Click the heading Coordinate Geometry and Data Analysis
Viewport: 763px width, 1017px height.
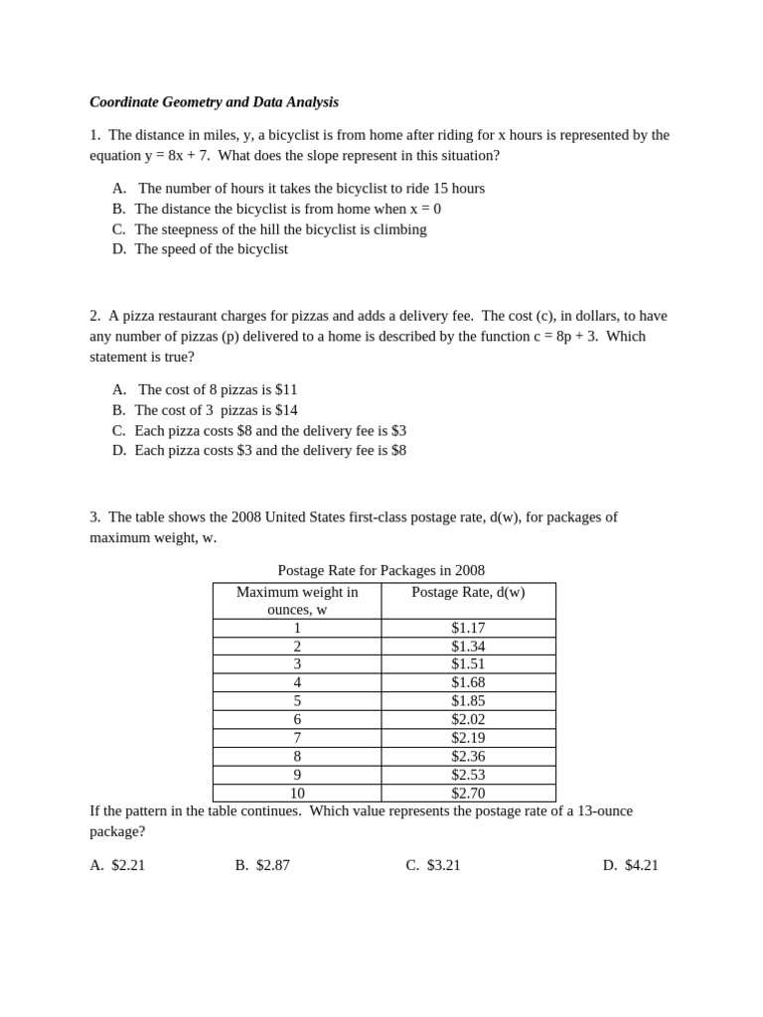click(x=214, y=102)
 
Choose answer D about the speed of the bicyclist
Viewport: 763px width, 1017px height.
click(x=211, y=249)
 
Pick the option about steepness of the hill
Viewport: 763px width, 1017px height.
click(x=280, y=229)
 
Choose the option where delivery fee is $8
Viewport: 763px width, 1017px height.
click(x=270, y=450)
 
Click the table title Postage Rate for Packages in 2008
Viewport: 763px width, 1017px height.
click(x=381, y=570)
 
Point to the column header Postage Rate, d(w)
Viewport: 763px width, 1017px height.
click(x=468, y=592)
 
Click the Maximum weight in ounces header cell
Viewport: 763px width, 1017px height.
click(x=297, y=600)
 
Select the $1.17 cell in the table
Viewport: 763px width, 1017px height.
click(x=468, y=628)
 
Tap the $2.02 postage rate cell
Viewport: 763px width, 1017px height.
click(x=468, y=719)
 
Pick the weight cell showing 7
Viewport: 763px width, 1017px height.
click(x=297, y=738)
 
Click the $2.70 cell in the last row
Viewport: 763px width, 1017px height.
click(x=468, y=793)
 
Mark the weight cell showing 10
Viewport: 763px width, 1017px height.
click(x=297, y=793)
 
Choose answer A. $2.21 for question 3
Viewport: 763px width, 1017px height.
click(x=118, y=865)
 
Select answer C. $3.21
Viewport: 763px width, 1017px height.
click(x=433, y=865)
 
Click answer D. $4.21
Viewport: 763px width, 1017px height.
click(x=631, y=865)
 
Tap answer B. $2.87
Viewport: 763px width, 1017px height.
click(x=262, y=865)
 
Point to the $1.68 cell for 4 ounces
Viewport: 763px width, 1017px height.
click(x=468, y=682)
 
